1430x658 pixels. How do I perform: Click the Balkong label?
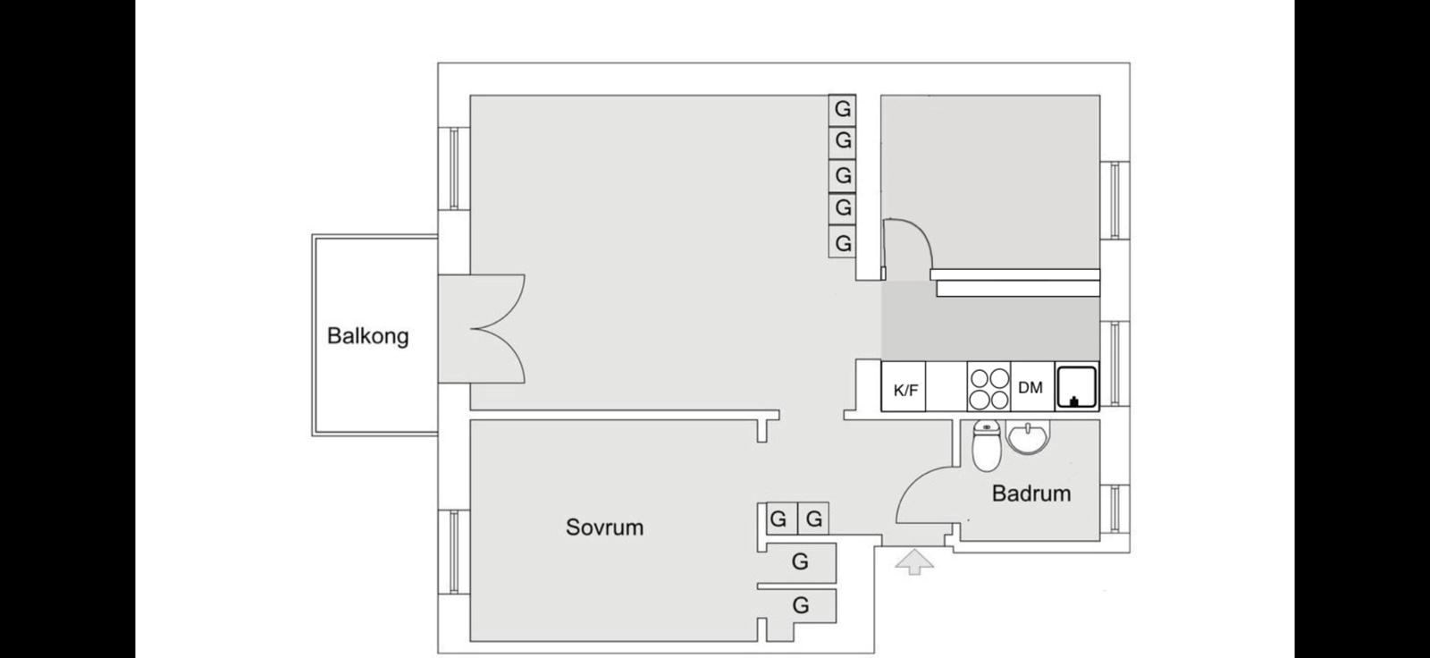(367, 337)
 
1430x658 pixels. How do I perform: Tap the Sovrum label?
(604, 527)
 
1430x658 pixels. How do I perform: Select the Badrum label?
(1030, 493)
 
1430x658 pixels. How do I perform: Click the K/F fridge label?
(904, 390)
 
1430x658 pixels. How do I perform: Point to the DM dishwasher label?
(1030, 388)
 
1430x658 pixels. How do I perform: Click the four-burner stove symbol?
(988, 388)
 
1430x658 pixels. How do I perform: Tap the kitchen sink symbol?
(1076, 388)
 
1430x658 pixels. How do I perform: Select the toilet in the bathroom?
(985, 444)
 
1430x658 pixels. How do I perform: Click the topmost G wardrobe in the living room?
(842, 109)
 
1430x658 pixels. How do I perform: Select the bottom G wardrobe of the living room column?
(842, 243)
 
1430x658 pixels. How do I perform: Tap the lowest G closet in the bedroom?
(800, 606)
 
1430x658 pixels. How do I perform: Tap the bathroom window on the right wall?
(1115, 510)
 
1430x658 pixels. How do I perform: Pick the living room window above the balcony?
(454, 168)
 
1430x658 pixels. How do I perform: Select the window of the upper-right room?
(1115, 200)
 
